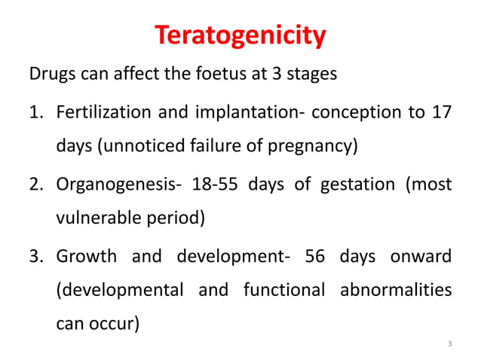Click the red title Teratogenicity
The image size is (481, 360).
click(240, 35)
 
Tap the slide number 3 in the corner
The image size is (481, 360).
click(449, 345)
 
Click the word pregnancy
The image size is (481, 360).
click(314, 145)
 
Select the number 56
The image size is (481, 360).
click(319, 255)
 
